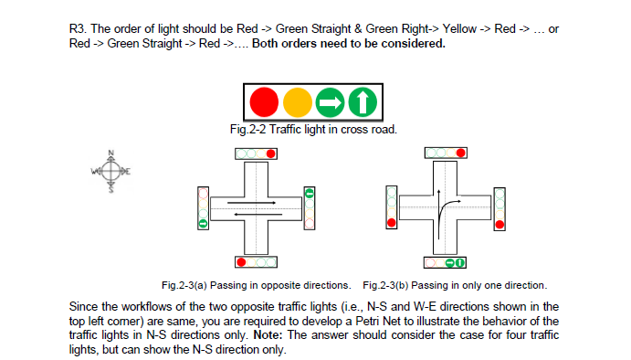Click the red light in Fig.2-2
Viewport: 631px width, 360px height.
point(264,101)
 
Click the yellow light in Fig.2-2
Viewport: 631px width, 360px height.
point(297,101)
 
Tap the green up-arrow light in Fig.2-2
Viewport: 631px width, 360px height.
point(362,101)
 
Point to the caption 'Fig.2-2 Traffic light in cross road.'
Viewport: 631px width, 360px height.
point(310,129)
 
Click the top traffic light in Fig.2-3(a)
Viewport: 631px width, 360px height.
point(255,154)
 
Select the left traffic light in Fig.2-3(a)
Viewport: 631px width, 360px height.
point(202,208)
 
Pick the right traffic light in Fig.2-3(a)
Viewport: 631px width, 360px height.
point(310,208)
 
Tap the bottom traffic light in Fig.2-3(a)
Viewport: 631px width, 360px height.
point(255,262)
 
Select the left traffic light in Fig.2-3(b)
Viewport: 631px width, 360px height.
point(390,208)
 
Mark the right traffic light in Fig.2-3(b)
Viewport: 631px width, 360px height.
point(499,208)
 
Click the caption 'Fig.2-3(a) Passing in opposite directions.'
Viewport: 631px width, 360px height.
point(257,284)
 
